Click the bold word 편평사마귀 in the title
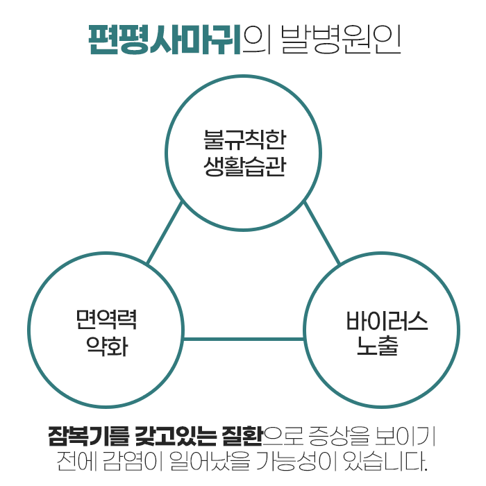point(165,40)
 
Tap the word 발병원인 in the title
point(340,40)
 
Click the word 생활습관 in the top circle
point(243,167)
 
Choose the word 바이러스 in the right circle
point(387,321)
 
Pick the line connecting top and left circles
point(165,233)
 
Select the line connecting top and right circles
point(321,233)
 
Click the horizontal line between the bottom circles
point(244,340)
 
